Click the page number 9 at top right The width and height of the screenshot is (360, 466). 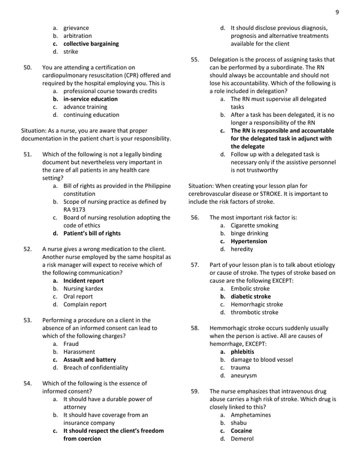point(337,12)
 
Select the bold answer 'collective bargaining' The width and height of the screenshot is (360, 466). point(91,44)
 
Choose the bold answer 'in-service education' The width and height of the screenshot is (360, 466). point(90,99)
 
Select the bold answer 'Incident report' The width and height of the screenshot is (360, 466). point(84,280)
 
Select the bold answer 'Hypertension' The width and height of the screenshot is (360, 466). point(249,241)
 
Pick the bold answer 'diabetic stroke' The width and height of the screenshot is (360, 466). point(251,296)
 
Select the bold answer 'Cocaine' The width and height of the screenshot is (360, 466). point(241,430)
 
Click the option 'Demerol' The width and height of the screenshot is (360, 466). point(242,438)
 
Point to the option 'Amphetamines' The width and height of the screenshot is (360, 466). point(251,415)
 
